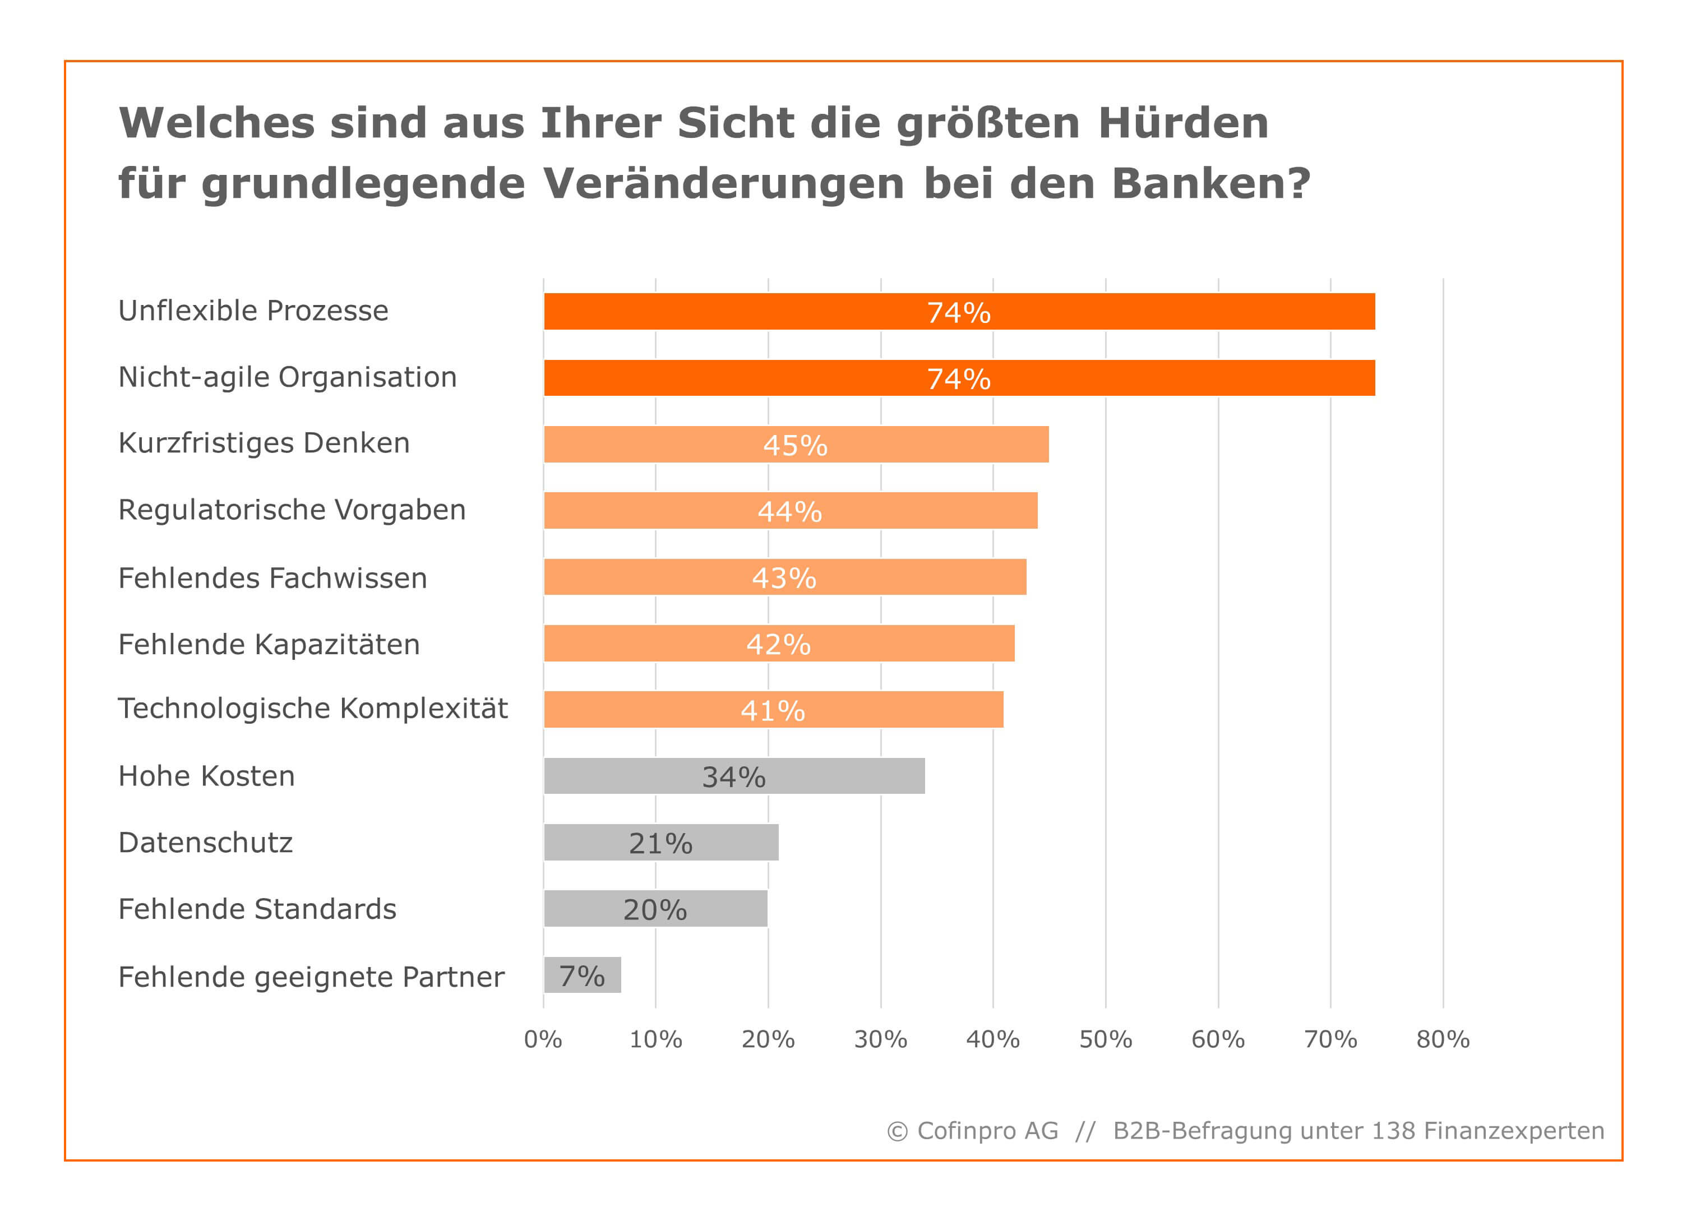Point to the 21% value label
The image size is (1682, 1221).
coord(660,843)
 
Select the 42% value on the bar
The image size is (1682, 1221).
coord(778,644)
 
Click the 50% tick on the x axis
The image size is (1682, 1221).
coord(1105,1039)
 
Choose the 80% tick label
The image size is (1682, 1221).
coord(1443,1039)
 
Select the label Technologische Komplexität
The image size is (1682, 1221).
coord(312,708)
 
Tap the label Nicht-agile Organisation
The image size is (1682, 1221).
coord(287,377)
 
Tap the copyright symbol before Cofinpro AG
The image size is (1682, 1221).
coord(898,1131)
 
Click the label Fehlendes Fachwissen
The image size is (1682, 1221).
coord(272,577)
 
